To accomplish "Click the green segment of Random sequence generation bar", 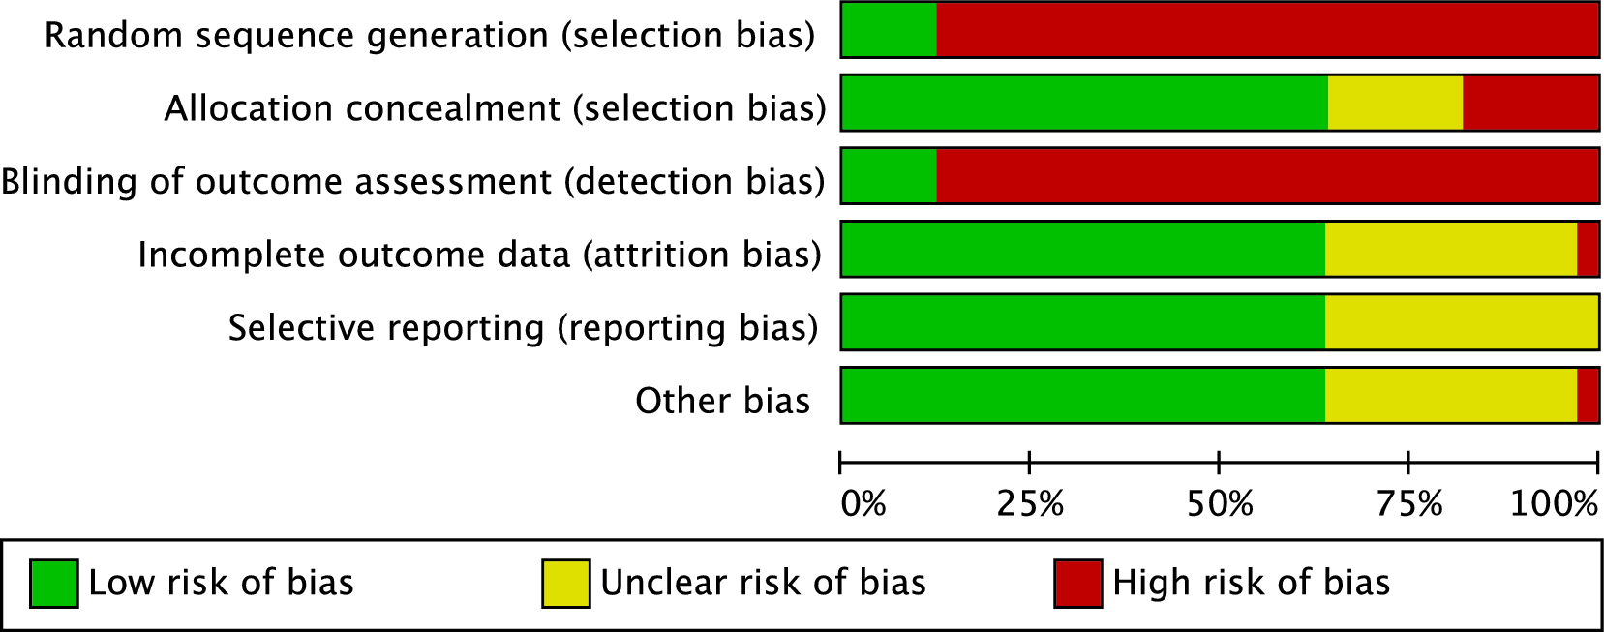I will [889, 30].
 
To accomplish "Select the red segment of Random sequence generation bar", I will [1267, 30].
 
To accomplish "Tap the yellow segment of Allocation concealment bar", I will [1395, 103].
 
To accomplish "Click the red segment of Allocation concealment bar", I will [1530, 103].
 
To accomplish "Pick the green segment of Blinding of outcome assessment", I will [889, 176].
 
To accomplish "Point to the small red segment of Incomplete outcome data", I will [1588, 249].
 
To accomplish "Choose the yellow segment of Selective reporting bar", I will [1461, 322].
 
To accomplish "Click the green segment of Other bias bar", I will [1082, 395].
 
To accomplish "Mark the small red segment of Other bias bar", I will [1588, 395].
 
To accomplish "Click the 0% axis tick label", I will [863, 503].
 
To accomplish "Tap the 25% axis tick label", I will [1030, 503].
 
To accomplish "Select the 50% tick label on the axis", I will [1220, 503].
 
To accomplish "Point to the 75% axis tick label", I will [1409, 503].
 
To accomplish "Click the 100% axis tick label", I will [1554, 503].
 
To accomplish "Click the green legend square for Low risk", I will [53, 584].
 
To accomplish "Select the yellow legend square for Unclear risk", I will [565, 584].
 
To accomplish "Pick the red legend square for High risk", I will [1077, 584].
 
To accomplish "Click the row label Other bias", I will [722, 401].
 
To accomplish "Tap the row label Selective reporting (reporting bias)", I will [523, 328].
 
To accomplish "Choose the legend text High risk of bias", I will [1251, 583].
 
